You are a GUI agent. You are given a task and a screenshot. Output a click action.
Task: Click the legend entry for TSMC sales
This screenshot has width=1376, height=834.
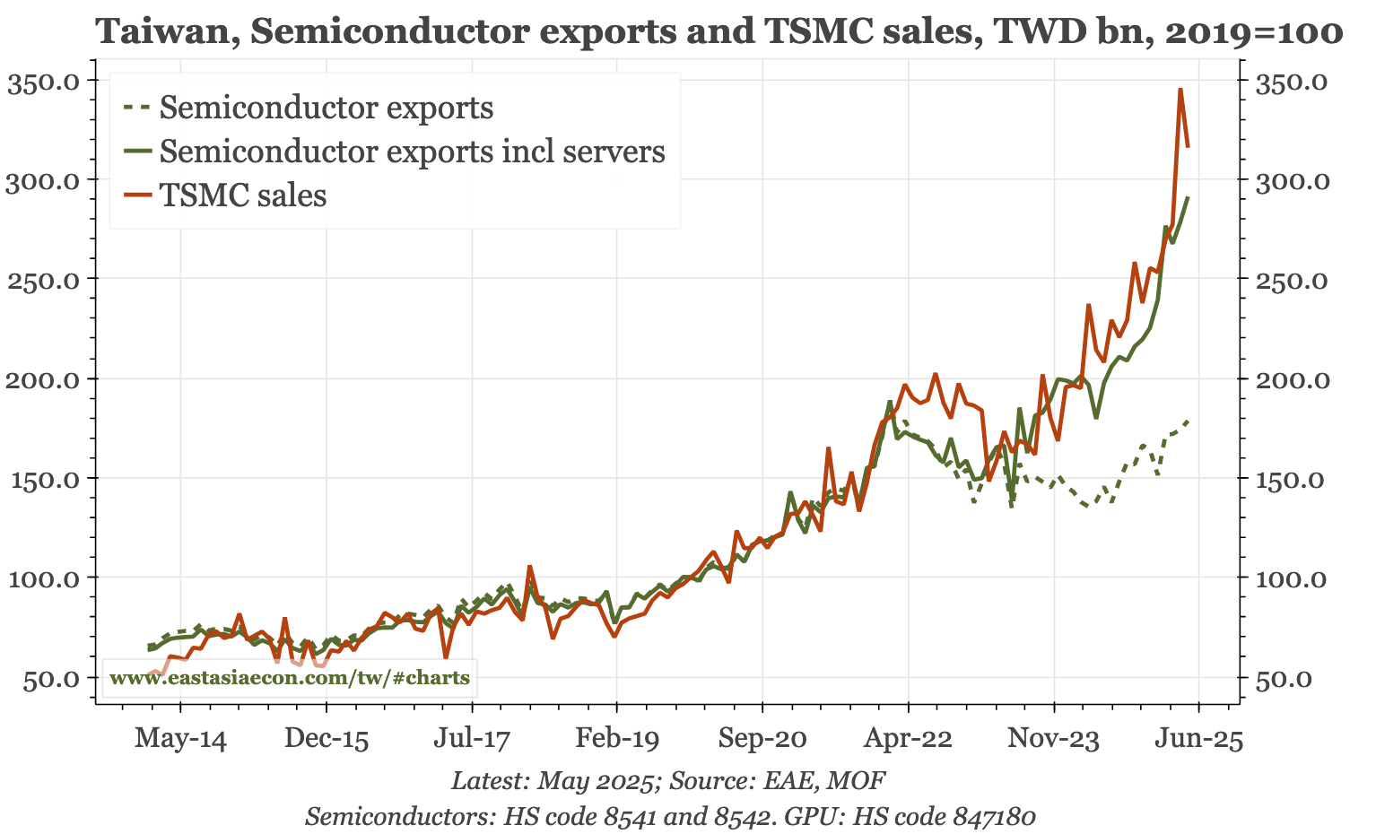click(x=242, y=195)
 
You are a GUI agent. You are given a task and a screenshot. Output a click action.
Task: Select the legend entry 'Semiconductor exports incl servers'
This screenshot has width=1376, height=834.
click(x=412, y=152)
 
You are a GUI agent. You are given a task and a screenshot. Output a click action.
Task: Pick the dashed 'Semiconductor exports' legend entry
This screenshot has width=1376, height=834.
click(x=326, y=108)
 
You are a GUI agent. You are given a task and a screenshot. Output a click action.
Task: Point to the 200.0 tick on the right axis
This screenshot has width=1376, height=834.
click(x=1290, y=379)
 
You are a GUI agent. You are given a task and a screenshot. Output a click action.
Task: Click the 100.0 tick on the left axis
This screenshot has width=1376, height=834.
click(x=46, y=578)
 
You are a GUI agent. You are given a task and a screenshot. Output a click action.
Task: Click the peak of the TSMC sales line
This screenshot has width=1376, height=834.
click(x=1180, y=89)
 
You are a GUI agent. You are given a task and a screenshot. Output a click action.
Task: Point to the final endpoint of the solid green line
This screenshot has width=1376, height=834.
click(x=1189, y=198)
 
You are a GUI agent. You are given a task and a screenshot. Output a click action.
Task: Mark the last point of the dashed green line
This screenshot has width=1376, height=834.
click(x=1189, y=421)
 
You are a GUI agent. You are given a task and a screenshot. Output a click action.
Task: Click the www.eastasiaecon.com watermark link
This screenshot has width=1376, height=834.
click(x=289, y=678)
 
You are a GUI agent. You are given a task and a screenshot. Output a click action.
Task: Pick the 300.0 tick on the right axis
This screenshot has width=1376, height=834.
click(x=1290, y=180)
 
